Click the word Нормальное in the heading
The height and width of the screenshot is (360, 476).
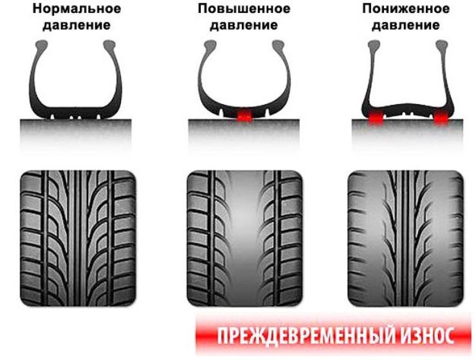pyautogui.click(x=77, y=8)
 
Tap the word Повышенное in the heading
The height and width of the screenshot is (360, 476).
pyautogui.click(x=244, y=8)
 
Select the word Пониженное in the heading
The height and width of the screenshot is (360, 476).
pyautogui.click(x=406, y=8)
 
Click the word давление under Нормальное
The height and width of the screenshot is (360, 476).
pyautogui.click(x=77, y=25)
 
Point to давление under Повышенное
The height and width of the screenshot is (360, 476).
pyautogui.click(x=244, y=25)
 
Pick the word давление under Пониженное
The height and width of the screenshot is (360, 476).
pyautogui.click(x=406, y=25)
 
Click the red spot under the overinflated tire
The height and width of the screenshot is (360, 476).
pyautogui.click(x=244, y=116)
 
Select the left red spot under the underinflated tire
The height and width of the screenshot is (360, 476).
pyautogui.click(x=375, y=118)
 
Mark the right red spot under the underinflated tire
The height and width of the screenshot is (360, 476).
pyautogui.click(x=441, y=118)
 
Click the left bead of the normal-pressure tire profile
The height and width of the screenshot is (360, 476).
pyautogui.click(x=42, y=45)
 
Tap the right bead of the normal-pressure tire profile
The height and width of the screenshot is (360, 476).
pyautogui.click(x=109, y=45)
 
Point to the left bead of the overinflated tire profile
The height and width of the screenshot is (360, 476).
pyautogui.click(x=210, y=45)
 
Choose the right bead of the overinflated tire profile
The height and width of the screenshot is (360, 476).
pyautogui.click(x=278, y=45)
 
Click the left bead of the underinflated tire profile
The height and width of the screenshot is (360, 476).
pyautogui.click(x=374, y=45)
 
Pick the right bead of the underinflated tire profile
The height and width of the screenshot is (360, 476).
pyautogui.click(x=442, y=45)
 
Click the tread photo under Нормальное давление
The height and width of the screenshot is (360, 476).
pyautogui.click(x=78, y=239)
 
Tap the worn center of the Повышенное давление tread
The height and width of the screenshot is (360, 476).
pyautogui.click(x=244, y=239)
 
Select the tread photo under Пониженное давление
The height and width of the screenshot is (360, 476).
pyautogui.click(x=406, y=239)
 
